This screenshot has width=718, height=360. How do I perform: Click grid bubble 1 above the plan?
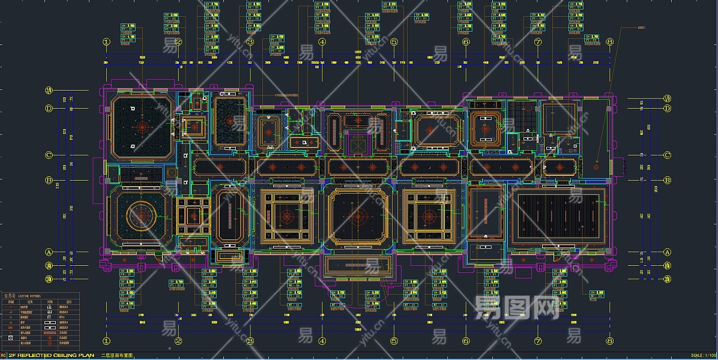(107, 42)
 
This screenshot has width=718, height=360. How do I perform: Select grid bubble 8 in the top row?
(609, 42)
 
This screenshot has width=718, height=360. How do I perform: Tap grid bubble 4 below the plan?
(322, 341)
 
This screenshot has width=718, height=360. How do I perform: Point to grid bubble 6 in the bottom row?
(465, 341)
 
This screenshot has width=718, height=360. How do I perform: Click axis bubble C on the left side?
(49, 155)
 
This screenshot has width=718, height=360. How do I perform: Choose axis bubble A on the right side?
(667, 252)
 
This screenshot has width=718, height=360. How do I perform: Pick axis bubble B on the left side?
(49, 180)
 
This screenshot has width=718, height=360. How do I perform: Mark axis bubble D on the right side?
(667, 109)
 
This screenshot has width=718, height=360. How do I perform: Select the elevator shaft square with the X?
(358, 145)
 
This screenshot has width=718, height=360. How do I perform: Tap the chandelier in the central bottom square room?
(358, 217)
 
